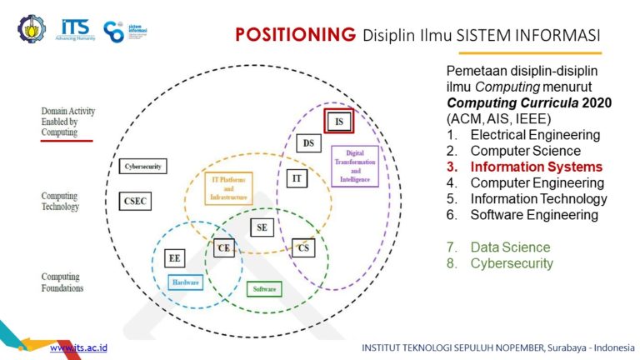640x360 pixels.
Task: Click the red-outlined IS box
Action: tap(339, 122)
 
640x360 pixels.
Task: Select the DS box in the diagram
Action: tap(308, 143)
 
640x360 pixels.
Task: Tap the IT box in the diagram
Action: tap(297, 178)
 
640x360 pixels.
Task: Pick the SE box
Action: tap(262, 227)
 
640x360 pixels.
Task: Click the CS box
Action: tap(303, 247)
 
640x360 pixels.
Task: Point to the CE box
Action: tap(223, 247)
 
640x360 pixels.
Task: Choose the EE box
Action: tap(175, 257)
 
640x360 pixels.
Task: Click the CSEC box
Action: tap(135, 201)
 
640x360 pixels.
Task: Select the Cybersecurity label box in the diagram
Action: tap(142, 167)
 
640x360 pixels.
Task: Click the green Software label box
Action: tap(263, 289)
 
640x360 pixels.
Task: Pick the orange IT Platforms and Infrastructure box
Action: tap(228, 189)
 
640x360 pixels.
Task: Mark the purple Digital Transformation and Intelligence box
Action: tap(355, 166)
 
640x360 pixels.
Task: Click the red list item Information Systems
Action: tap(536, 167)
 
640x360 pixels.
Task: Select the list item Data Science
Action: tap(510, 247)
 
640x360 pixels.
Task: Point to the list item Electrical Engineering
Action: tap(535, 135)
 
